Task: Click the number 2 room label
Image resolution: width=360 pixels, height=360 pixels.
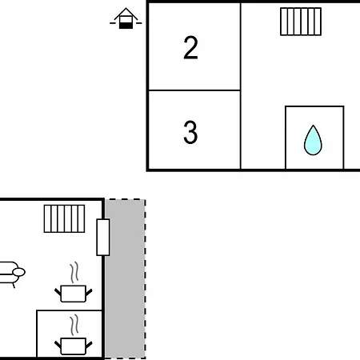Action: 190,47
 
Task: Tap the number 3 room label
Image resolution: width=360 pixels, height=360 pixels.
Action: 190,132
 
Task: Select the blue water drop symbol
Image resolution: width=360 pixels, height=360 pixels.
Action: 313,140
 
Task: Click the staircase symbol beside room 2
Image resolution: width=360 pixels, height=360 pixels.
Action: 301,22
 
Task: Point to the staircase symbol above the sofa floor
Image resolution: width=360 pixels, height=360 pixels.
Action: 64,218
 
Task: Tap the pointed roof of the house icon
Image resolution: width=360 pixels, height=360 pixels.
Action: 126,14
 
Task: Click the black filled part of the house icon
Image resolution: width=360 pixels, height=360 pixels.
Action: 126,26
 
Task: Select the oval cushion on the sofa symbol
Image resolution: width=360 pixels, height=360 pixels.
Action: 19,272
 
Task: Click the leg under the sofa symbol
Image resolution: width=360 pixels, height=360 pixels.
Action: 14,286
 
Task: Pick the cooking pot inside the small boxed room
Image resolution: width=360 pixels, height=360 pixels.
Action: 74,346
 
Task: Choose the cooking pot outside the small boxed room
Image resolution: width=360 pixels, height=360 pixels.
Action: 74,294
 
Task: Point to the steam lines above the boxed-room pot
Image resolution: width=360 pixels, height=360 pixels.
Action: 74,325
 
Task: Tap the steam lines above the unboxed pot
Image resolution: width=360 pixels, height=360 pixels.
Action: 74,272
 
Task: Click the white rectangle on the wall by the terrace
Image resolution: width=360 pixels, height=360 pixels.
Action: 103,238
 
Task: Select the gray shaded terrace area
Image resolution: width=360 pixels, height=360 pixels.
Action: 125,279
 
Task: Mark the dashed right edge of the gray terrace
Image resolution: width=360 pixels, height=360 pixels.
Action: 146,279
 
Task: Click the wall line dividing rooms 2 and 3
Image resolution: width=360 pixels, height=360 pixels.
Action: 194,90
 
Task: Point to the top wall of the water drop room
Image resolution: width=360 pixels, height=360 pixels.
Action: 314,106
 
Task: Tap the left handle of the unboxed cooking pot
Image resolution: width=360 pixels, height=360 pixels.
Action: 58,292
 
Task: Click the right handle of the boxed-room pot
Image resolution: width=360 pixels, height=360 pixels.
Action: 89,345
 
